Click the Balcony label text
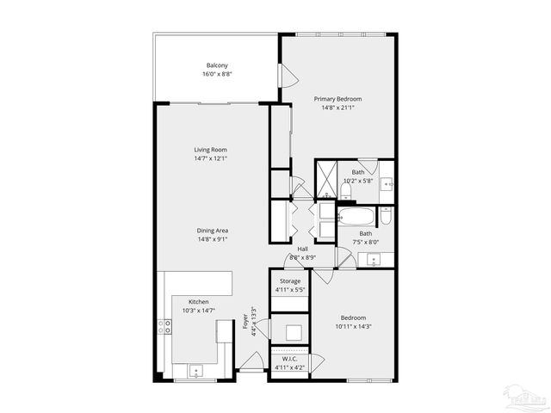point(216,65)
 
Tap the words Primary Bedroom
point(337,99)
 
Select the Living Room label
point(210,150)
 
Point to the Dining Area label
point(212,230)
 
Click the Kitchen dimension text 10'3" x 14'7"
point(199,311)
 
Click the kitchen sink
point(195,372)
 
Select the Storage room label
point(290,281)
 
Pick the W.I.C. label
point(290,360)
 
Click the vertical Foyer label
point(245,322)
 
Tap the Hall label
point(303,250)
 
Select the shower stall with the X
point(326,178)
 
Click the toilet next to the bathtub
point(387,216)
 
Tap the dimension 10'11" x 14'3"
point(353,326)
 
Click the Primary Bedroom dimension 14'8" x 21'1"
point(337,108)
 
